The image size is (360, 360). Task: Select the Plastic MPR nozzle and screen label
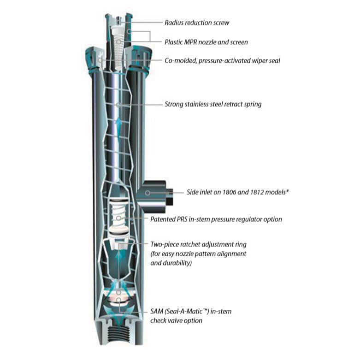tap(206, 42)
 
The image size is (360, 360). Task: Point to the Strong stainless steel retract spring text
tap(213, 104)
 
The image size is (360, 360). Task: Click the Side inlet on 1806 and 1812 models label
tap(238, 193)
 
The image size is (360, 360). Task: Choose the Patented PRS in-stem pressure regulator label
tap(216, 219)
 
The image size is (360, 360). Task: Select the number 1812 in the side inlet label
tap(254, 193)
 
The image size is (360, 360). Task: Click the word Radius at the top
tap(174, 23)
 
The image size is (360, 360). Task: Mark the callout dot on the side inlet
tap(147, 193)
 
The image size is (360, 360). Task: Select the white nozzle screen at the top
tap(118, 44)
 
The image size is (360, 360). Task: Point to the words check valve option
tap(178, 320)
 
